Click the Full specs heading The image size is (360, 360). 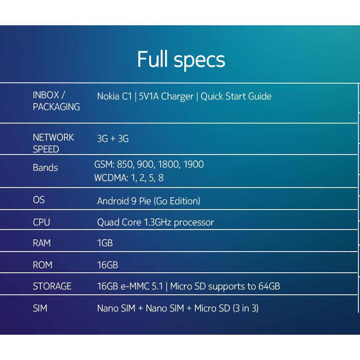pyautogui.click(x=181, y=60)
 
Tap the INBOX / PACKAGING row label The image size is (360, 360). pyautogui.click(x=56, y=101)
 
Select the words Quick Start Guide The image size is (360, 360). pyautogui.click(x=236, y=97)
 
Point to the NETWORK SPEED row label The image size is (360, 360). pyautogui.click(x=53, y=143)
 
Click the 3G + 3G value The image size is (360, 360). pyautogui.click(x=113, y=139)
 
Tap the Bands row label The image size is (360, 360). pyautogui.click(x=45, y=168)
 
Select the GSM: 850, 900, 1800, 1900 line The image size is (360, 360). pyautogui.click(x=149, y=165)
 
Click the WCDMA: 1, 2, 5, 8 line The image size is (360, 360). pyautogui.click(x=129, y=178)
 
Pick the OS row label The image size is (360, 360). pyautogui.click(x=39, y=200)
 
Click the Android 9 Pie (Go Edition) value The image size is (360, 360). pyautogui.click(x=148, y=201)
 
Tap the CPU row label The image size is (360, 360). pyautogui.click(x=41, y=222)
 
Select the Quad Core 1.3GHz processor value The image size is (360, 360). pyautogui.click(x=155, y=222)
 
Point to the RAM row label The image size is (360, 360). pyautogui.click(x=42, y=243)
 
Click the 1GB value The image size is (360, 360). pyautogui.click(x=105, y=243)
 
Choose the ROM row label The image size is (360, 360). pyautogui.click(x=42, y=265)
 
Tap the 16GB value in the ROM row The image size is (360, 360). pyautogui.click(x=107, y=265)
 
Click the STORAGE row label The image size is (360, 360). pyautogui.click(x=52, y=286)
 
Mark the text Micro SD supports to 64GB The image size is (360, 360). pyautogui.click(x=225, y=286)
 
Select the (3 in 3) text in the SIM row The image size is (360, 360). pyautogui.click(x=245, y=308)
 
